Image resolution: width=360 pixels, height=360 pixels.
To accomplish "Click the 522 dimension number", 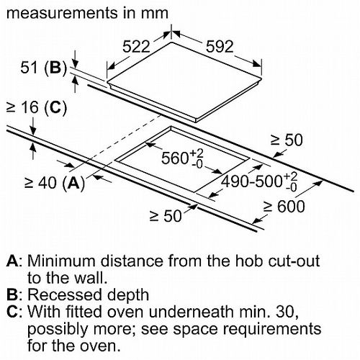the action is coord(136,46).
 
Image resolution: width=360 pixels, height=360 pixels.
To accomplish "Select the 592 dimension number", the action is coord(220,46).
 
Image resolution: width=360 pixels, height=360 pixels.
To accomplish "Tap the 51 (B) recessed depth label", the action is coord(43,68).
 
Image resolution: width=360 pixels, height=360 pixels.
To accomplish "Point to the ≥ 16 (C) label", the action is coord(37,107).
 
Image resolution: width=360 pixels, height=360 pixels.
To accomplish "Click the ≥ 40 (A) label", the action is coord(55,183).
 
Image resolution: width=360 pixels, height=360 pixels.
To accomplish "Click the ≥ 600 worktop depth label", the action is coord(284,206).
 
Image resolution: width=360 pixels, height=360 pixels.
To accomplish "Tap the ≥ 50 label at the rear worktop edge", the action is coord(287,140).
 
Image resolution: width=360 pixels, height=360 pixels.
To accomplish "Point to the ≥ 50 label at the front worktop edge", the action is coord(166,215).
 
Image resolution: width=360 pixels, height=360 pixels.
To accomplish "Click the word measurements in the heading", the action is coord(63,13).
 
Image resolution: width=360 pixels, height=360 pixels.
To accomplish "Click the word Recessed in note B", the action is coord(65,294).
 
